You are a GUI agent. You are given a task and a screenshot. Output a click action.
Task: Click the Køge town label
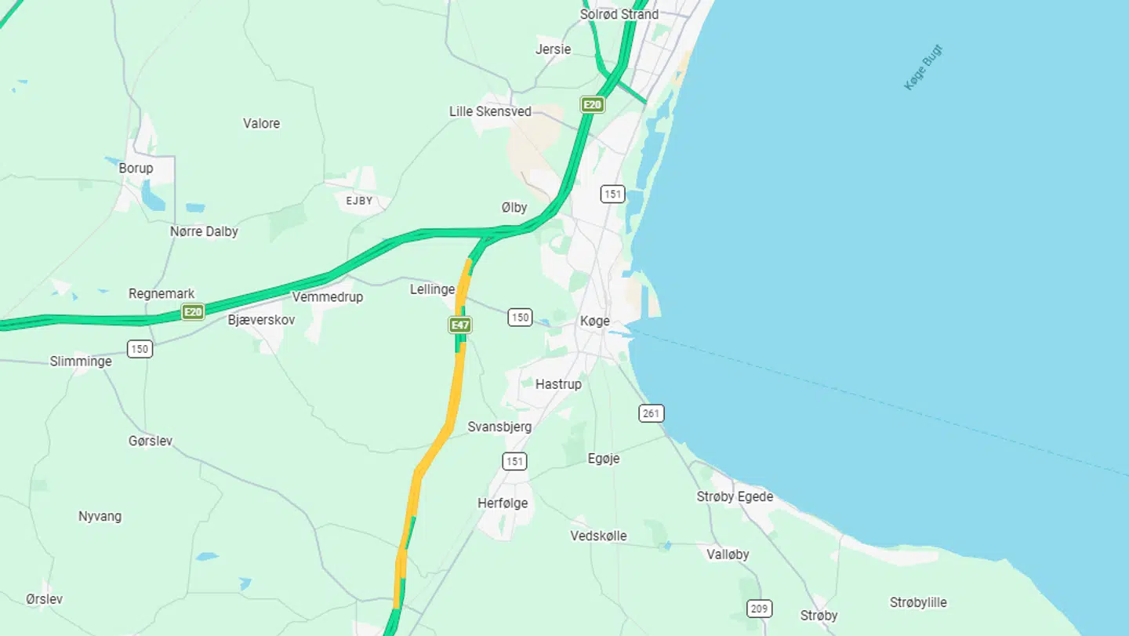[594, 321]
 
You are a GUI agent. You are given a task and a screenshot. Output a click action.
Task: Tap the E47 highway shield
[460, 324]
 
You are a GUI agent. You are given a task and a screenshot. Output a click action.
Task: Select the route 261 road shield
[651, 412]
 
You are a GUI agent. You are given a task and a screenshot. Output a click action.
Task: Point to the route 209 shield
[759, 608]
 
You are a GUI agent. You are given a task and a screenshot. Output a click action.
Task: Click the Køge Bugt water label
[924, 67]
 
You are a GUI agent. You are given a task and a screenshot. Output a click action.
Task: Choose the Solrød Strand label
[619, 14]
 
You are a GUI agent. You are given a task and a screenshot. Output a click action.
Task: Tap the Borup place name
[136, 168]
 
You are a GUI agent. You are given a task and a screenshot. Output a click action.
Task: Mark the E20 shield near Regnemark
[193, 312]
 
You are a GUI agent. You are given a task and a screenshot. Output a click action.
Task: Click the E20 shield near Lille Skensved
[593, 104]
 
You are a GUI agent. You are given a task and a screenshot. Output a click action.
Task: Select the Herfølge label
[503, 503]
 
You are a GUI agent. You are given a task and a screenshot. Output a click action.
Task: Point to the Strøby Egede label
[735, 496]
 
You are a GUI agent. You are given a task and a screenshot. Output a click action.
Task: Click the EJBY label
[359, 201]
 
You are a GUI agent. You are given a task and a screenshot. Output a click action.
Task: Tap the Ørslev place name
[44, 598]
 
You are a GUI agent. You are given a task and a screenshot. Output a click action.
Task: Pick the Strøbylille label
[918, 602]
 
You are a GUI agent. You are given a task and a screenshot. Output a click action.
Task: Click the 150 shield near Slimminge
[140, 349]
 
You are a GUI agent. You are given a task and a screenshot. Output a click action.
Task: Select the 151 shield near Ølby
[612, 194]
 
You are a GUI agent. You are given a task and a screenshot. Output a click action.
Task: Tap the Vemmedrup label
[327, 297]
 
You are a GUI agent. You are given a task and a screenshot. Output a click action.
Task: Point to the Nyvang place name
[100, 516]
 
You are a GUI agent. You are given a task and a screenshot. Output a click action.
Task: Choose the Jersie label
[553, 49]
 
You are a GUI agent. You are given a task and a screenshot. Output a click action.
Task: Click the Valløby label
[728, 554]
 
